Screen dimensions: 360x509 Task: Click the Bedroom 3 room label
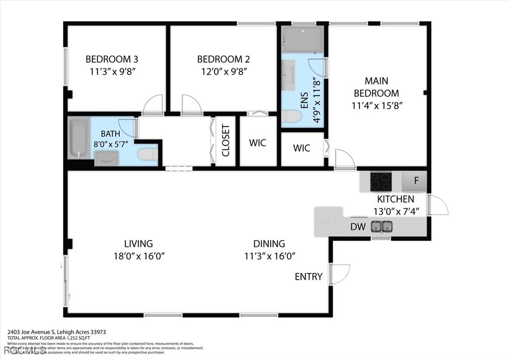click(x=112, y=59)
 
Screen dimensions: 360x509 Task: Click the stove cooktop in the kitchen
click(x=381, y=182)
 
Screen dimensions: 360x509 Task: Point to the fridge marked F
click(x=416, y=182)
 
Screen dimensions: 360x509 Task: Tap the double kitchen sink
click(x=382, y=226)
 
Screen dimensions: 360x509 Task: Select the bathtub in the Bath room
click(x=78, y=138)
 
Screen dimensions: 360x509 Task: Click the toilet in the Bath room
click(x=146, y=155)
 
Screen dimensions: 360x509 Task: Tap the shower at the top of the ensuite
click(x=302, y=39)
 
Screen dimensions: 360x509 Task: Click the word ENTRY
click(x=308, y=276)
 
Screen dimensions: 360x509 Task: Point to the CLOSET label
click(x=226, y=141)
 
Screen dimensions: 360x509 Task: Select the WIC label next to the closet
click(x=257, y=143)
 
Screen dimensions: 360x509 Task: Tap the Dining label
click(x=269, y=244)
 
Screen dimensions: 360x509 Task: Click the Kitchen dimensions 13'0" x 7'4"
click(x=395, y=211)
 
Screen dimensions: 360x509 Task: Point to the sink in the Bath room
click(x=106, y=158)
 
